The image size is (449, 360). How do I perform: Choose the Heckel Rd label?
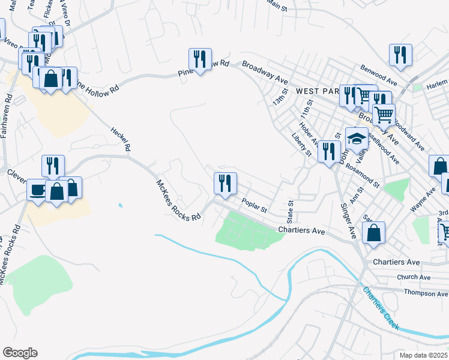(x=121, y=139)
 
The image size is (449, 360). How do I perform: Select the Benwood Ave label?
(x=379, y=75)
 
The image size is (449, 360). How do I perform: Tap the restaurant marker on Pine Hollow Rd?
(x=200, y=58)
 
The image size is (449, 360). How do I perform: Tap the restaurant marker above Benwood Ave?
(x=400, y=55)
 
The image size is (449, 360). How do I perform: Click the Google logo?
(x=20, y=353)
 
